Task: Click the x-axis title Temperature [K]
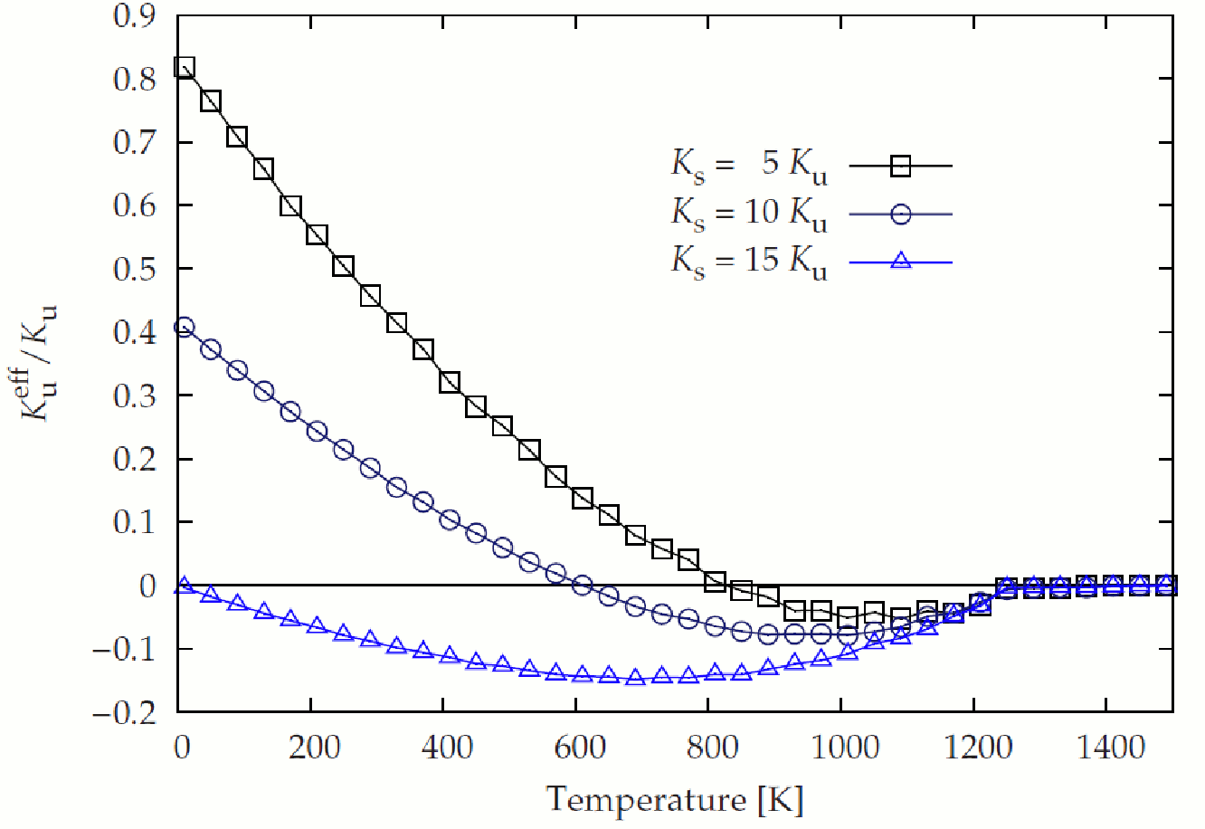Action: coord(674,800)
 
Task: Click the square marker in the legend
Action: coord(901,166)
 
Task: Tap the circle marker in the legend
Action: coord(901,214)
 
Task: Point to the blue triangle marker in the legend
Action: coord(901,262)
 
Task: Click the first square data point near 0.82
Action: coord(185,67)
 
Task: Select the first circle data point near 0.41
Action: coord(185,327)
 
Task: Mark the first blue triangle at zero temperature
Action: coord(185,586)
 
